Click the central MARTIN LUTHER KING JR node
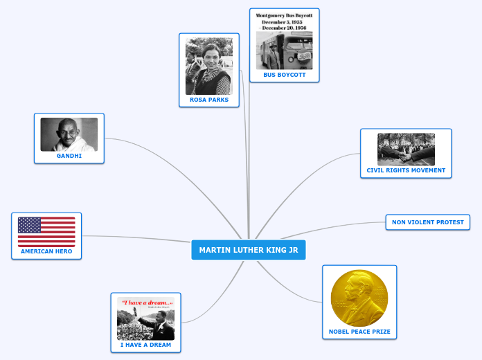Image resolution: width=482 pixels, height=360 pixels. click(248, 250)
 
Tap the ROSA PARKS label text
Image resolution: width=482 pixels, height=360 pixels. click(208, 100)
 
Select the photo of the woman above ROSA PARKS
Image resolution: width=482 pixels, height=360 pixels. click(208, 66)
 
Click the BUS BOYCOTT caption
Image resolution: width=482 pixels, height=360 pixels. click(284, 75)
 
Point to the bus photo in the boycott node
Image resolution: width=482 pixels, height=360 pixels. click(284, 51)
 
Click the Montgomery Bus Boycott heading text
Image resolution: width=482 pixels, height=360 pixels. click(284, 19)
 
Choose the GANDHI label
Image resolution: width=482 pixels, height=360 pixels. click(69, 156)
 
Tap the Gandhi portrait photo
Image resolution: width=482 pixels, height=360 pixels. click(69, 134)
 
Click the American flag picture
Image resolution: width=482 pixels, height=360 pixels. click(46, 232)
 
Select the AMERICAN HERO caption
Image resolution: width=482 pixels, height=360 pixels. click(46, 251)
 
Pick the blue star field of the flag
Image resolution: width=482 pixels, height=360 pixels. click(30, 224)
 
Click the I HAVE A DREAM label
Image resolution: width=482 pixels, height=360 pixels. click(145, 345)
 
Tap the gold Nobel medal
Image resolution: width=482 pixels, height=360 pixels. click(359, 297)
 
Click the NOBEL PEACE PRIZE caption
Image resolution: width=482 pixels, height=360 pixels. click(359, 332)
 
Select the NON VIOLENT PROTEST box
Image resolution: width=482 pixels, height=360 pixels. click(428, 222)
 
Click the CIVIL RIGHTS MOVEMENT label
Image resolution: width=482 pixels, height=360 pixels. click(406, 170)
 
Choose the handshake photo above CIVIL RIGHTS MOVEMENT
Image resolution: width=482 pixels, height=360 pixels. click(406, 149)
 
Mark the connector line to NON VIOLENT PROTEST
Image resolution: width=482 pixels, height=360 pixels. click(332, 227)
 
